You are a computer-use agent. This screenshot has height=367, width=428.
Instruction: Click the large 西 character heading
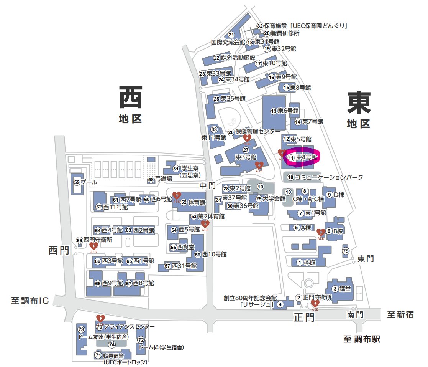tap(131, 98)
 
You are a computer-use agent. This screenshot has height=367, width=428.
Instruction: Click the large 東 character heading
tap(359, 102)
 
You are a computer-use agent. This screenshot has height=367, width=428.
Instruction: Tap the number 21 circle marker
tap(231, 35)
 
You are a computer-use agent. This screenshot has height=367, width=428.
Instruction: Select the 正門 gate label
tap(305, 317)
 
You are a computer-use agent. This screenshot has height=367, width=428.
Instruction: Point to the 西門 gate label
tap(59, 250)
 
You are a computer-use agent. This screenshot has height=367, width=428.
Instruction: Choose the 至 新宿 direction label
tap(400, 315)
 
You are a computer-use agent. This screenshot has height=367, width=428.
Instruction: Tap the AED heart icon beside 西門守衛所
tap(93, 246)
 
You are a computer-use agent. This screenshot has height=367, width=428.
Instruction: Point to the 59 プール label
tap(85, 182)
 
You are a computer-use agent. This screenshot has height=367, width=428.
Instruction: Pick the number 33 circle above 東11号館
tap(214, 129)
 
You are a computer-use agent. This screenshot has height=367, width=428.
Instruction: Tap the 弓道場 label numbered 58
tap(160, 179)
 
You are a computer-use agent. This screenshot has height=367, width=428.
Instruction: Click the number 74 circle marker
tap(112, 344)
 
